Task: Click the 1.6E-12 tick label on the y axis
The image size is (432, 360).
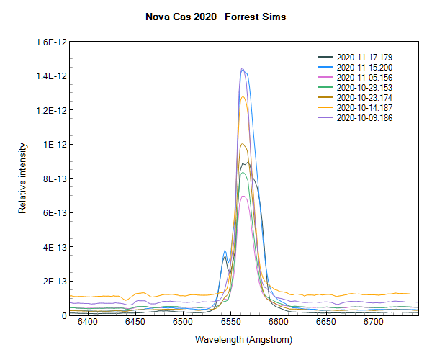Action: [x=51, y=42]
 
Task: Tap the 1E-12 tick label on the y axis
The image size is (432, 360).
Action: [x=55, y=145]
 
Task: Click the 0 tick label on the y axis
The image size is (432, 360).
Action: [x=64, y=315]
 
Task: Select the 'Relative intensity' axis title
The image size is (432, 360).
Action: [x=22, y=178]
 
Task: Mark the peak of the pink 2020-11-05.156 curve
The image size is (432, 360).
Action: [x=244, y=196]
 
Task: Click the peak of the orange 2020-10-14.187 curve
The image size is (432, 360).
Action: [x=243, y=96]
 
